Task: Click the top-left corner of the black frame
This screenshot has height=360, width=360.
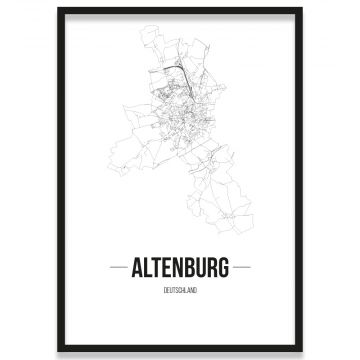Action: (x=59, y=9)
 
